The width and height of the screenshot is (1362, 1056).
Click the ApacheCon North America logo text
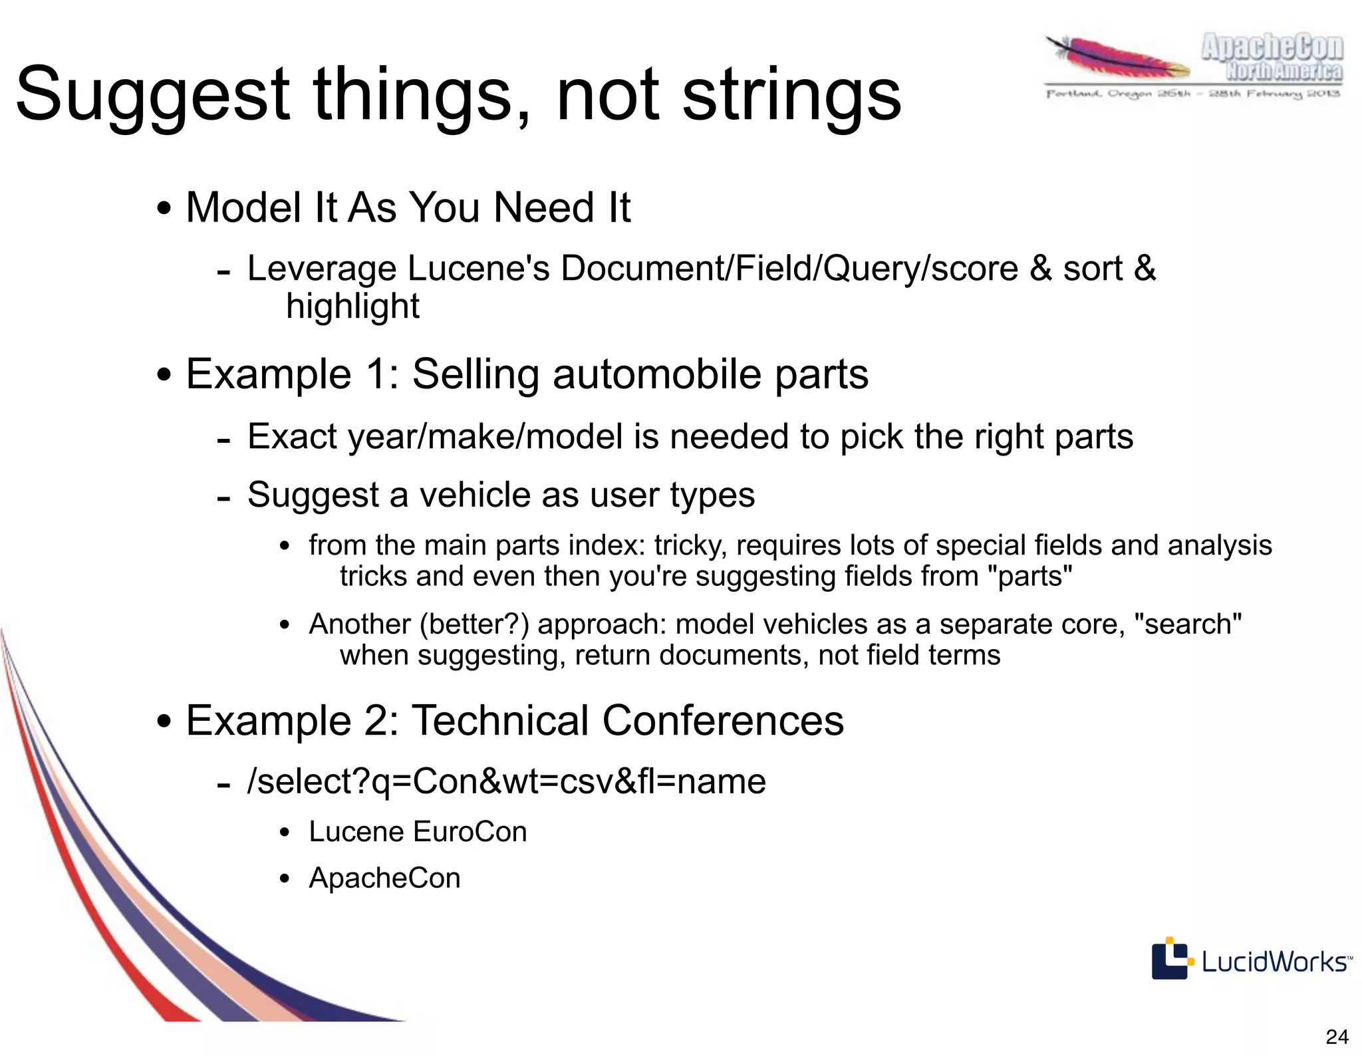coord(1272,58)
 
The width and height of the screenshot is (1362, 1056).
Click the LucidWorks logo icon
coord(1170,958)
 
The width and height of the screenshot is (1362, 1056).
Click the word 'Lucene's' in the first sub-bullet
coord(479,269)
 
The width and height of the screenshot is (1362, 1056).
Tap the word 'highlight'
coord(352,307)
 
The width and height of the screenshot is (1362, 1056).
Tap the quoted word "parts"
coord(1035,577)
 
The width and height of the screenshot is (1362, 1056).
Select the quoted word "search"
coord(1188,625)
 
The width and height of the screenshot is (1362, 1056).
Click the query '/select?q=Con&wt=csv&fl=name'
coord(506,782)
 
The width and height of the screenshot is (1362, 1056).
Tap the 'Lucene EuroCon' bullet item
coord(418,833)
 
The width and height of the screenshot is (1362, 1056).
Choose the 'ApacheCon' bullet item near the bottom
coord(384,878)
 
